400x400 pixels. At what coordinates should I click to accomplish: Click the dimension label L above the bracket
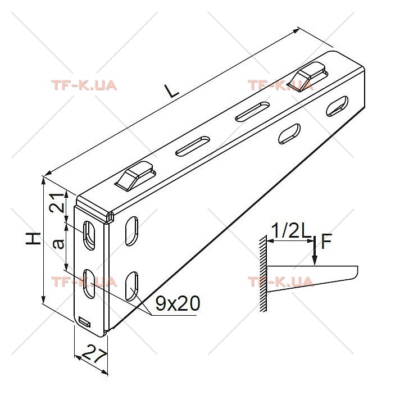click(x=172, y=91)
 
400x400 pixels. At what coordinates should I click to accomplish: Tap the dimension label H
click(x=33, y=239)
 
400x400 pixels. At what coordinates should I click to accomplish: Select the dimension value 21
click(x=57, y=203)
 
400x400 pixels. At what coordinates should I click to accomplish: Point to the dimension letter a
click(x=58, y=244)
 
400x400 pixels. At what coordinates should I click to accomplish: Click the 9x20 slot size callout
click(x=178, y=303)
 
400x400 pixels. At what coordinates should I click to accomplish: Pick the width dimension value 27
click(x=94, y=353)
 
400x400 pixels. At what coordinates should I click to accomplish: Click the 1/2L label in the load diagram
click(x=291, y=230)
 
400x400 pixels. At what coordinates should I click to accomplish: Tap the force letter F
click(x=326, y=242)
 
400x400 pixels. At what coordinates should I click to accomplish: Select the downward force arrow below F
click(x=315, y=251)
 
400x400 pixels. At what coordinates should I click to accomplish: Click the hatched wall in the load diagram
click(x=263, y=274)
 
